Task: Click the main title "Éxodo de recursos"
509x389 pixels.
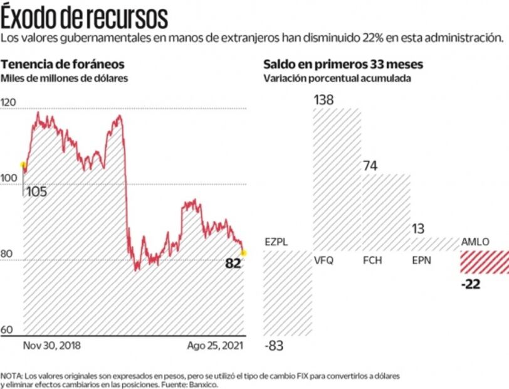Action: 85,16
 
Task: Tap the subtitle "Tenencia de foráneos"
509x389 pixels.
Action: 62,65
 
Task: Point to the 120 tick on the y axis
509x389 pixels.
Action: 9,102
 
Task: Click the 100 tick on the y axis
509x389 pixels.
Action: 9,178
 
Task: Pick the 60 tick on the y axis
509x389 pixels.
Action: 8,330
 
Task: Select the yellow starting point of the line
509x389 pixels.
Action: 24,166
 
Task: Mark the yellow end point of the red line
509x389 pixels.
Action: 243,253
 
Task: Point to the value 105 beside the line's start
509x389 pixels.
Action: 36,191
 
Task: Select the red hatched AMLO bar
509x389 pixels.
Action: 485,262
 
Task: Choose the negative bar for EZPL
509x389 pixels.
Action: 287,293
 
